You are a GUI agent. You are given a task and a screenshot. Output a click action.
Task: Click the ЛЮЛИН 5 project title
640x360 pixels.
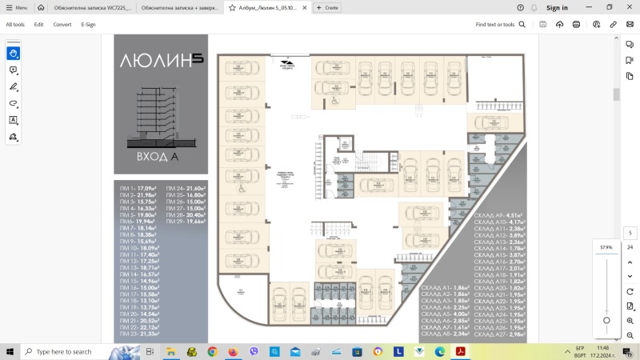160,60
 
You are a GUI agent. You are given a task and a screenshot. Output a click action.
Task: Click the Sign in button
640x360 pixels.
557,7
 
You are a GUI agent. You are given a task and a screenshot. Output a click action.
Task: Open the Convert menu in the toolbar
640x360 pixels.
62,25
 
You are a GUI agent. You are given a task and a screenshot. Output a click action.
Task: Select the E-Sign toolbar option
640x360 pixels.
88,25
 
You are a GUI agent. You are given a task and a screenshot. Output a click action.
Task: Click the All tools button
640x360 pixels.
15,25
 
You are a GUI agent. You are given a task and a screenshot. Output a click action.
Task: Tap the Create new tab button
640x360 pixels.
326,7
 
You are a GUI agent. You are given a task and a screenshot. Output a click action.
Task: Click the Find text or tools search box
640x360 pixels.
500,25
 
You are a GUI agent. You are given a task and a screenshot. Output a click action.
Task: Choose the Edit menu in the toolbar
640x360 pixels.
38,25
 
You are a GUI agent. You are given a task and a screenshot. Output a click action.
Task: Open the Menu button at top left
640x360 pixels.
16,7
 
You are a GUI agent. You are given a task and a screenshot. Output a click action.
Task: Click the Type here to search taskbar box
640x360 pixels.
88,351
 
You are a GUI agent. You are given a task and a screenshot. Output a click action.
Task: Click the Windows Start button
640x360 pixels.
10,351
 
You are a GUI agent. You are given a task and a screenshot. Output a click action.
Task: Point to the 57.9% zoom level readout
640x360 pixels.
606,248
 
